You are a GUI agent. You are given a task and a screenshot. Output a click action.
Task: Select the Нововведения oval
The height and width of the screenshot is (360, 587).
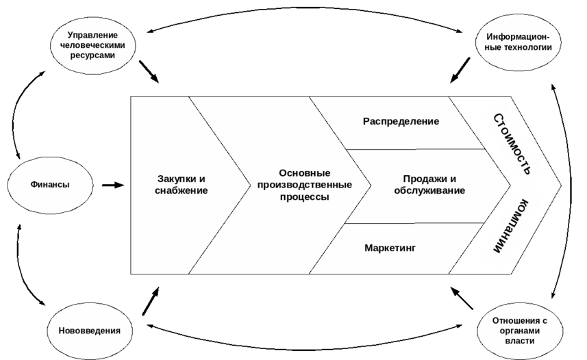click(x=84, y=330)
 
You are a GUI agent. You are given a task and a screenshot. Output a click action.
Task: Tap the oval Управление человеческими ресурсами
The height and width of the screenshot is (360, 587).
click(x=93, y=44)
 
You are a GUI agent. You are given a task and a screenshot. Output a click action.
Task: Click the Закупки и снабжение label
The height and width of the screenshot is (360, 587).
click(x=181, y=185)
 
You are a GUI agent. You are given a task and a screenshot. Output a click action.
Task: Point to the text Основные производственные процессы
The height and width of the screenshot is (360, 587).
click(x=305, y=185)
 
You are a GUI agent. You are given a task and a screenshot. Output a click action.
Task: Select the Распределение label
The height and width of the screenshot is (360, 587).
click(x=401, y=121)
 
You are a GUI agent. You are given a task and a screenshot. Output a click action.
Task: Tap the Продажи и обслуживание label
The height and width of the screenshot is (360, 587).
click(x=429, y=185)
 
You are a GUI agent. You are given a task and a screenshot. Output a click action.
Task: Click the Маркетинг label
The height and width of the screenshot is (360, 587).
click(x=390, y=248)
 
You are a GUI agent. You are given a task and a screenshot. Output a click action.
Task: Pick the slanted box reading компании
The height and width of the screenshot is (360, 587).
click(x=510, y=229)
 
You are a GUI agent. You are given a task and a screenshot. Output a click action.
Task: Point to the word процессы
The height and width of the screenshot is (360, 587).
click(x=305, y=197)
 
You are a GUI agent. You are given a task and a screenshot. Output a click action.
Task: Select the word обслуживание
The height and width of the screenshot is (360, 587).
click(x=429, y=191)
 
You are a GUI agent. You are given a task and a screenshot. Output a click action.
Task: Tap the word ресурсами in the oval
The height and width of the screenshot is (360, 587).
click(x=93, y=55)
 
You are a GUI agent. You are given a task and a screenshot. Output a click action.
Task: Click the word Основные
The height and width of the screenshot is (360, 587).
click(x=305, y=173)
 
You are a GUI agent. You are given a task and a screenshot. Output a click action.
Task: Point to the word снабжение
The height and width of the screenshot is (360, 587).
click(x=181, y=191)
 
